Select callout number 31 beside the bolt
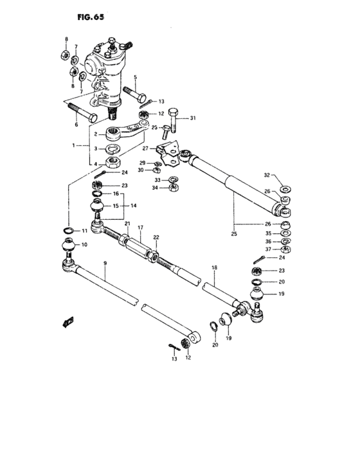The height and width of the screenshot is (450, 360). (193, 118)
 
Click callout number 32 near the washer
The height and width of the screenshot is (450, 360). (267, 175)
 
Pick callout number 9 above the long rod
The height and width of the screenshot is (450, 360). (105, 264)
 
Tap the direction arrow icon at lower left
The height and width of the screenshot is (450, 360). (67, 320)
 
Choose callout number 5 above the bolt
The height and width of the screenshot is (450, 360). (136, 78)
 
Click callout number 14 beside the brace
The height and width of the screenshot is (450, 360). (134, 206)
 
